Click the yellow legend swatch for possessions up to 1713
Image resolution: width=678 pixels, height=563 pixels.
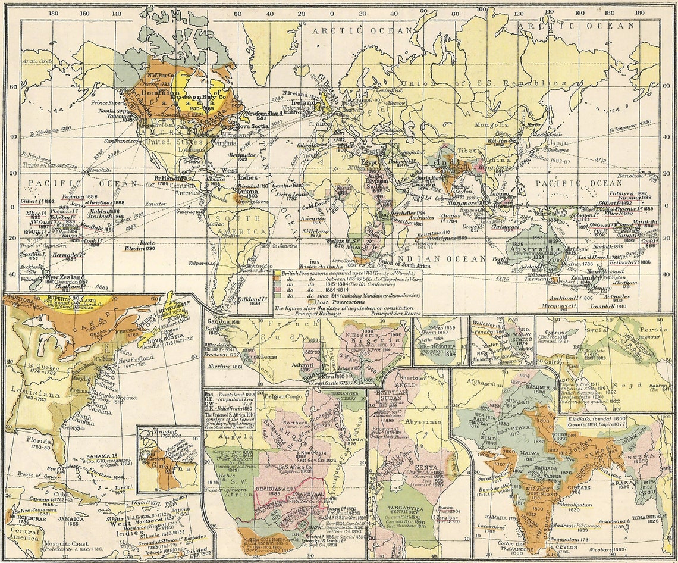[x=277, y=273]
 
